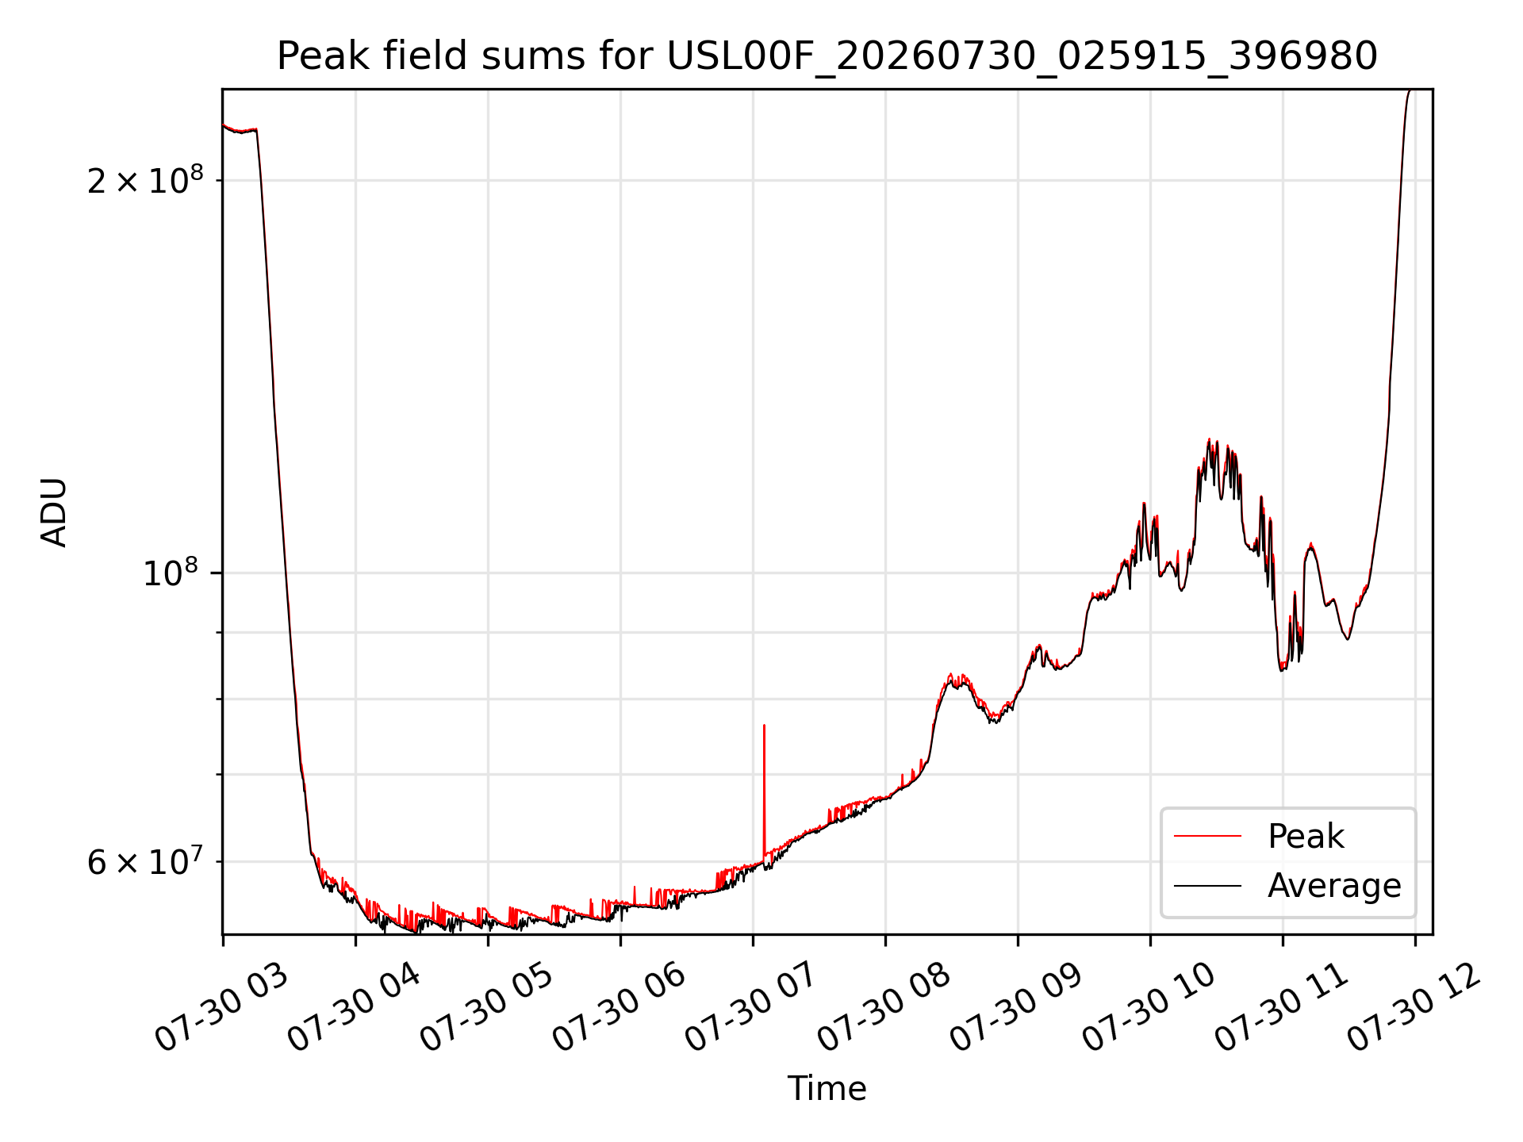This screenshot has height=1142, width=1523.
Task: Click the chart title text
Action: coord(827,56)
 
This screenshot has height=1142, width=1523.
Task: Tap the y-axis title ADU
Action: coord(54,512)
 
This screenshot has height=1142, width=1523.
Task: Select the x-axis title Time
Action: coord(827,1088)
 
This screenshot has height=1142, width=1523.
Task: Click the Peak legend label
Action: coord(1306,837)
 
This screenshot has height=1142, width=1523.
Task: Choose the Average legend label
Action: coord(1334,886)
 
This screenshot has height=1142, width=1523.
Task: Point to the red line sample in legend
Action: coord(1207,836)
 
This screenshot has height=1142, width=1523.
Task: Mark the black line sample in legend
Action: coord(1207,885)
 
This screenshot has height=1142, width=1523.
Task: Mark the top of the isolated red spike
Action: coord(764,725)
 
